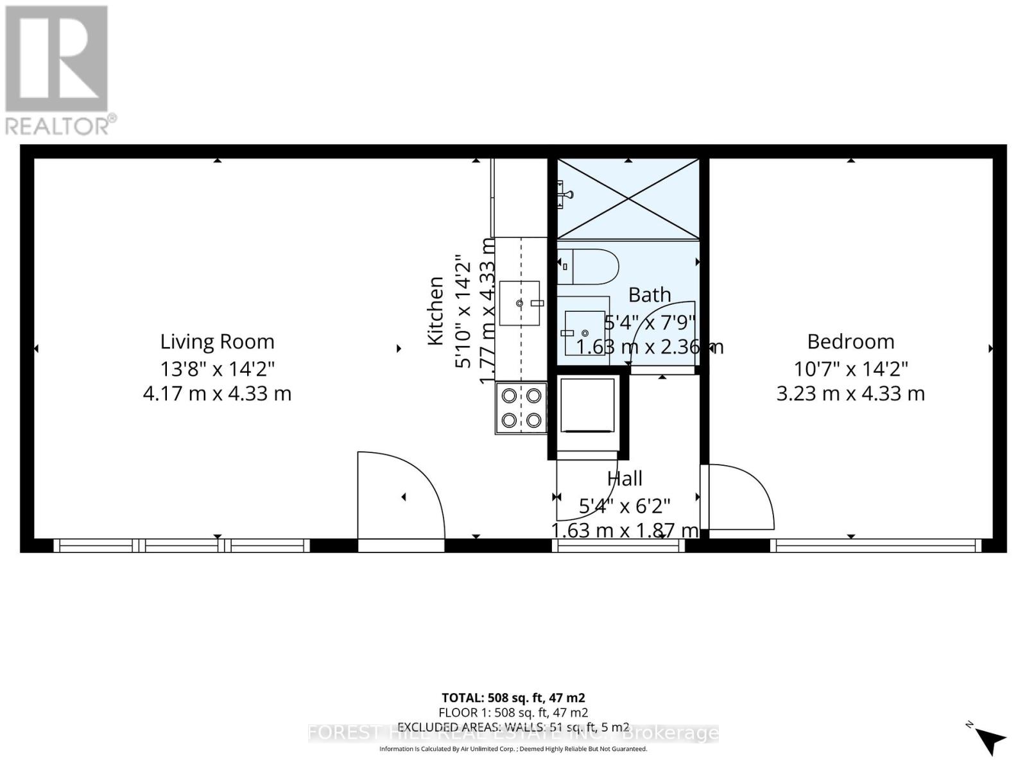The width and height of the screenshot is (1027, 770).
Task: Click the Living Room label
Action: click(x=217, y=341)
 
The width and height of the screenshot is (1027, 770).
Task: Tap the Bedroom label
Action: click(x=850, y=341)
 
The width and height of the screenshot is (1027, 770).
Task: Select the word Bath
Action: click(x=650, y=295)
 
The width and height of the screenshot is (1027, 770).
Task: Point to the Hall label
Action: click(x=625, y=478)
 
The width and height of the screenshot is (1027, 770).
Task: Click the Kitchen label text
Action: click(x=436, y=311)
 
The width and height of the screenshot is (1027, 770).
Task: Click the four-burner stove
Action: click(x=521, y=408)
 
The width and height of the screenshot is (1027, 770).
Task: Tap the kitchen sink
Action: click(x=519, y=303)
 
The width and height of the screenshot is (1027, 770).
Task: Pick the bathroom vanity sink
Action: click(x=584, y=333)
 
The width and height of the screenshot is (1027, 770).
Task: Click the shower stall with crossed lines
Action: click(x=627, y=199)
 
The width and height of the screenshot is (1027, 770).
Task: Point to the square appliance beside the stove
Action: click(x=587, y=406)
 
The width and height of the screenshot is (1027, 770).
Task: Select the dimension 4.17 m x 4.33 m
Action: click(x=217, y=393)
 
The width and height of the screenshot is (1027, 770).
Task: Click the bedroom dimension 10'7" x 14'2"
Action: click(x=850, y=369)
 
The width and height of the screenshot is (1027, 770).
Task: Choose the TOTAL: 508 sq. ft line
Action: click(x=513, y=697)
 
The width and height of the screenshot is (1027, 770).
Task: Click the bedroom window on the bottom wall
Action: click(x=876, y=546)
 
